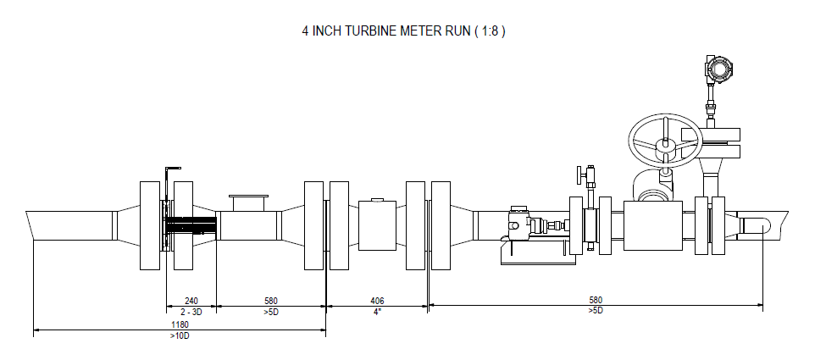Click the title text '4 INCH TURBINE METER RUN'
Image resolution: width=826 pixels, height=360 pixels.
(x=386, y=31)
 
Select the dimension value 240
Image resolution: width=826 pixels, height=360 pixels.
(x=191, y=301)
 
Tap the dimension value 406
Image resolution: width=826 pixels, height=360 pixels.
(x=377, y=301)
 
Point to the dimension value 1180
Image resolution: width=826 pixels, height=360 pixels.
(x=180, y=325)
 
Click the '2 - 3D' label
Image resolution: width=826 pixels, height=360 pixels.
(x=191, y=312)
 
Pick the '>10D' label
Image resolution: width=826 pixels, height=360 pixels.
(x=180, y=335)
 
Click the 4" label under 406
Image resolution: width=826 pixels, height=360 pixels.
(x=377, y=312)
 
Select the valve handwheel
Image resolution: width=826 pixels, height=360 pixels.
(x=665, y=141)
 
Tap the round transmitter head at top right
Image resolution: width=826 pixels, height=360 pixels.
(x=719, y=68)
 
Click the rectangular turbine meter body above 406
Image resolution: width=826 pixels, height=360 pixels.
(x=377, y=225)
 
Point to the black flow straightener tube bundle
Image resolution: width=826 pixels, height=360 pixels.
(x=191, y=225)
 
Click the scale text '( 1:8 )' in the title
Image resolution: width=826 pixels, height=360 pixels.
(x=490, y=31)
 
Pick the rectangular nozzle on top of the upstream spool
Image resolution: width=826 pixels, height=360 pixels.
(x=248, y=203)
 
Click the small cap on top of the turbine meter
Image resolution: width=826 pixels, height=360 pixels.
(x=377, y=199)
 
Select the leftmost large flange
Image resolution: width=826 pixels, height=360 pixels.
(x=150, y=225)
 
